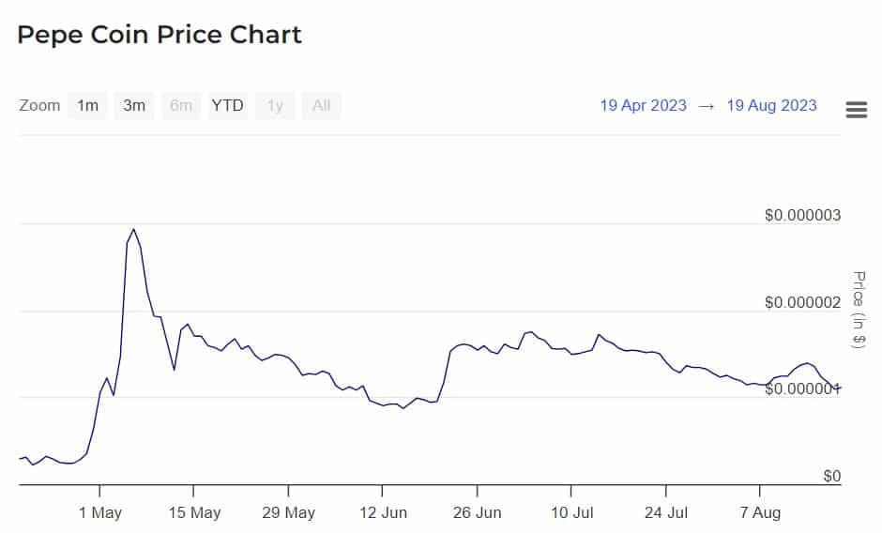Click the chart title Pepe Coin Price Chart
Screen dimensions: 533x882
point(160,36)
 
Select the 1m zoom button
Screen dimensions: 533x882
point(87,105)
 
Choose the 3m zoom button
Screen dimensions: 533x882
point(134,105)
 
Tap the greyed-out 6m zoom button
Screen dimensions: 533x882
point(181,105)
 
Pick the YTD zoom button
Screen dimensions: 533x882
point(227,105)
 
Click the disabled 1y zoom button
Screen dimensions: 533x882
point(275,105)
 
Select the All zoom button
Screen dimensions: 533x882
point(321,105)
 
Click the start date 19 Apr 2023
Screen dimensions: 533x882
point(643,105)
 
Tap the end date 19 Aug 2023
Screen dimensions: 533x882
point(771,105)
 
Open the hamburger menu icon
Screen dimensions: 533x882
point(856,110)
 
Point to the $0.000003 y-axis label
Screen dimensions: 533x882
point(803,215)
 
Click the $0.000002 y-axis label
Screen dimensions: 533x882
point(803,302)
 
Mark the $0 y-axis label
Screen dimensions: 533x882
point(831,476)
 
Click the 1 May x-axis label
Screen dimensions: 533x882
point(99,512)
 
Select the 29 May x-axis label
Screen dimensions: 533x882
point(288,512)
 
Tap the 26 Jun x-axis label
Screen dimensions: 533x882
point(477,512)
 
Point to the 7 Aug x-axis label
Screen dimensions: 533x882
point(759,512)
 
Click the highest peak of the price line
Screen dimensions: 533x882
point(133,229)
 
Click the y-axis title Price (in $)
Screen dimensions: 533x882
point(858,310)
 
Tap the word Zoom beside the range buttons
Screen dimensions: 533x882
point(39,105)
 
